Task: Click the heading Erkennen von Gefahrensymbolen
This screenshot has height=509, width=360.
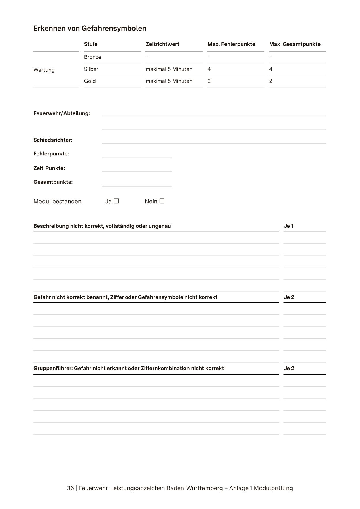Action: click(x=90, y=28)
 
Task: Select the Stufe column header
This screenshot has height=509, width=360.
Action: click(x=91, y=44)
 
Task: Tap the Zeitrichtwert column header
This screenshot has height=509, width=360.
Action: click(x=162, y=44)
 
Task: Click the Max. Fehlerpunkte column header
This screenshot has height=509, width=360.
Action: click(x=231, y=44)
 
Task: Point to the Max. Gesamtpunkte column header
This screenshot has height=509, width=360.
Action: click(x=295, y=44)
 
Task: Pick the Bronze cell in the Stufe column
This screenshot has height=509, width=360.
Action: click(x=92, y=57)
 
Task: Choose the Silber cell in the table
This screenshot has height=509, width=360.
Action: click(x=91, y=69)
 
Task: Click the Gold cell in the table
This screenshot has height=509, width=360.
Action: click(x=90, y=81)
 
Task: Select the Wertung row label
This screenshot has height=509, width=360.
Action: click(x=44, y=70)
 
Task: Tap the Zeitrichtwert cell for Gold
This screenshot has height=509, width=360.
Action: click(x=169, y=81)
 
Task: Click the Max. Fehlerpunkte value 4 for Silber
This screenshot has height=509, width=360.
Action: click(x=209, y=69)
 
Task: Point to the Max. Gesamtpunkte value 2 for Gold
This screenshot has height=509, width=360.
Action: click(x=271, y=81)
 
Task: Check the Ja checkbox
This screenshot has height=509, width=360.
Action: click(x=116, y=201)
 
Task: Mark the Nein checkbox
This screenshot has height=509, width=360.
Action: click(x=162, y=201)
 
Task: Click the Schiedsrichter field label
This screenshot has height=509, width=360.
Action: click(x=53, y=140)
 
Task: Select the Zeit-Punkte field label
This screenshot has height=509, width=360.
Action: click(x=49, y=168)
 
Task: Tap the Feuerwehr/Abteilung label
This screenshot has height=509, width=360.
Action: click(x=62, y=113)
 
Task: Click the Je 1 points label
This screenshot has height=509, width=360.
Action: click(x=289, y=226)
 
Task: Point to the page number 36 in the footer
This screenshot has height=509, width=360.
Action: click(x=70, y=488)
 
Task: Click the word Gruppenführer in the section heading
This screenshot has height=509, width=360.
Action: click(x=53, y=369)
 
